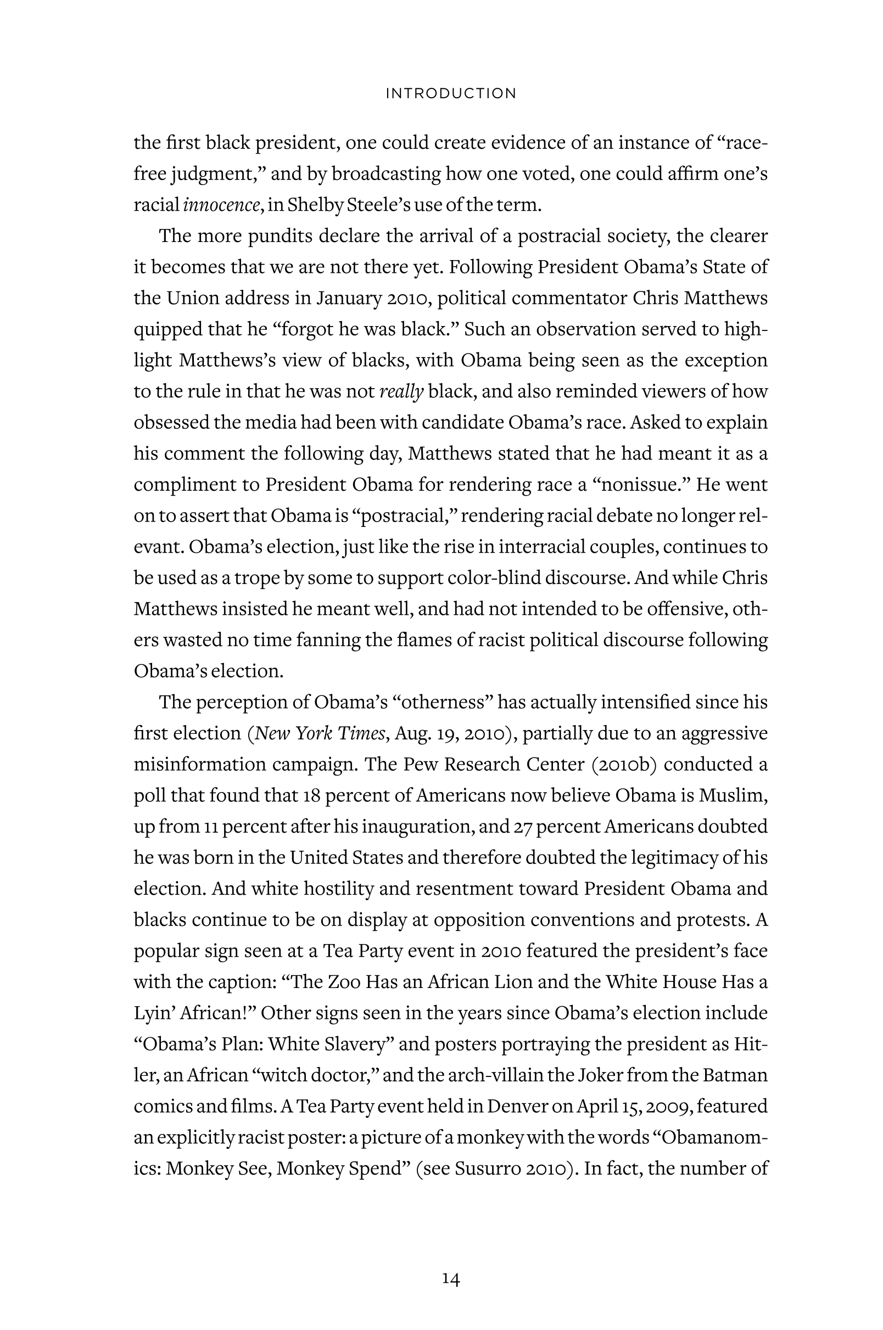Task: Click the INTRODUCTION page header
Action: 450,93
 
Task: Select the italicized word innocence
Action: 221,204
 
